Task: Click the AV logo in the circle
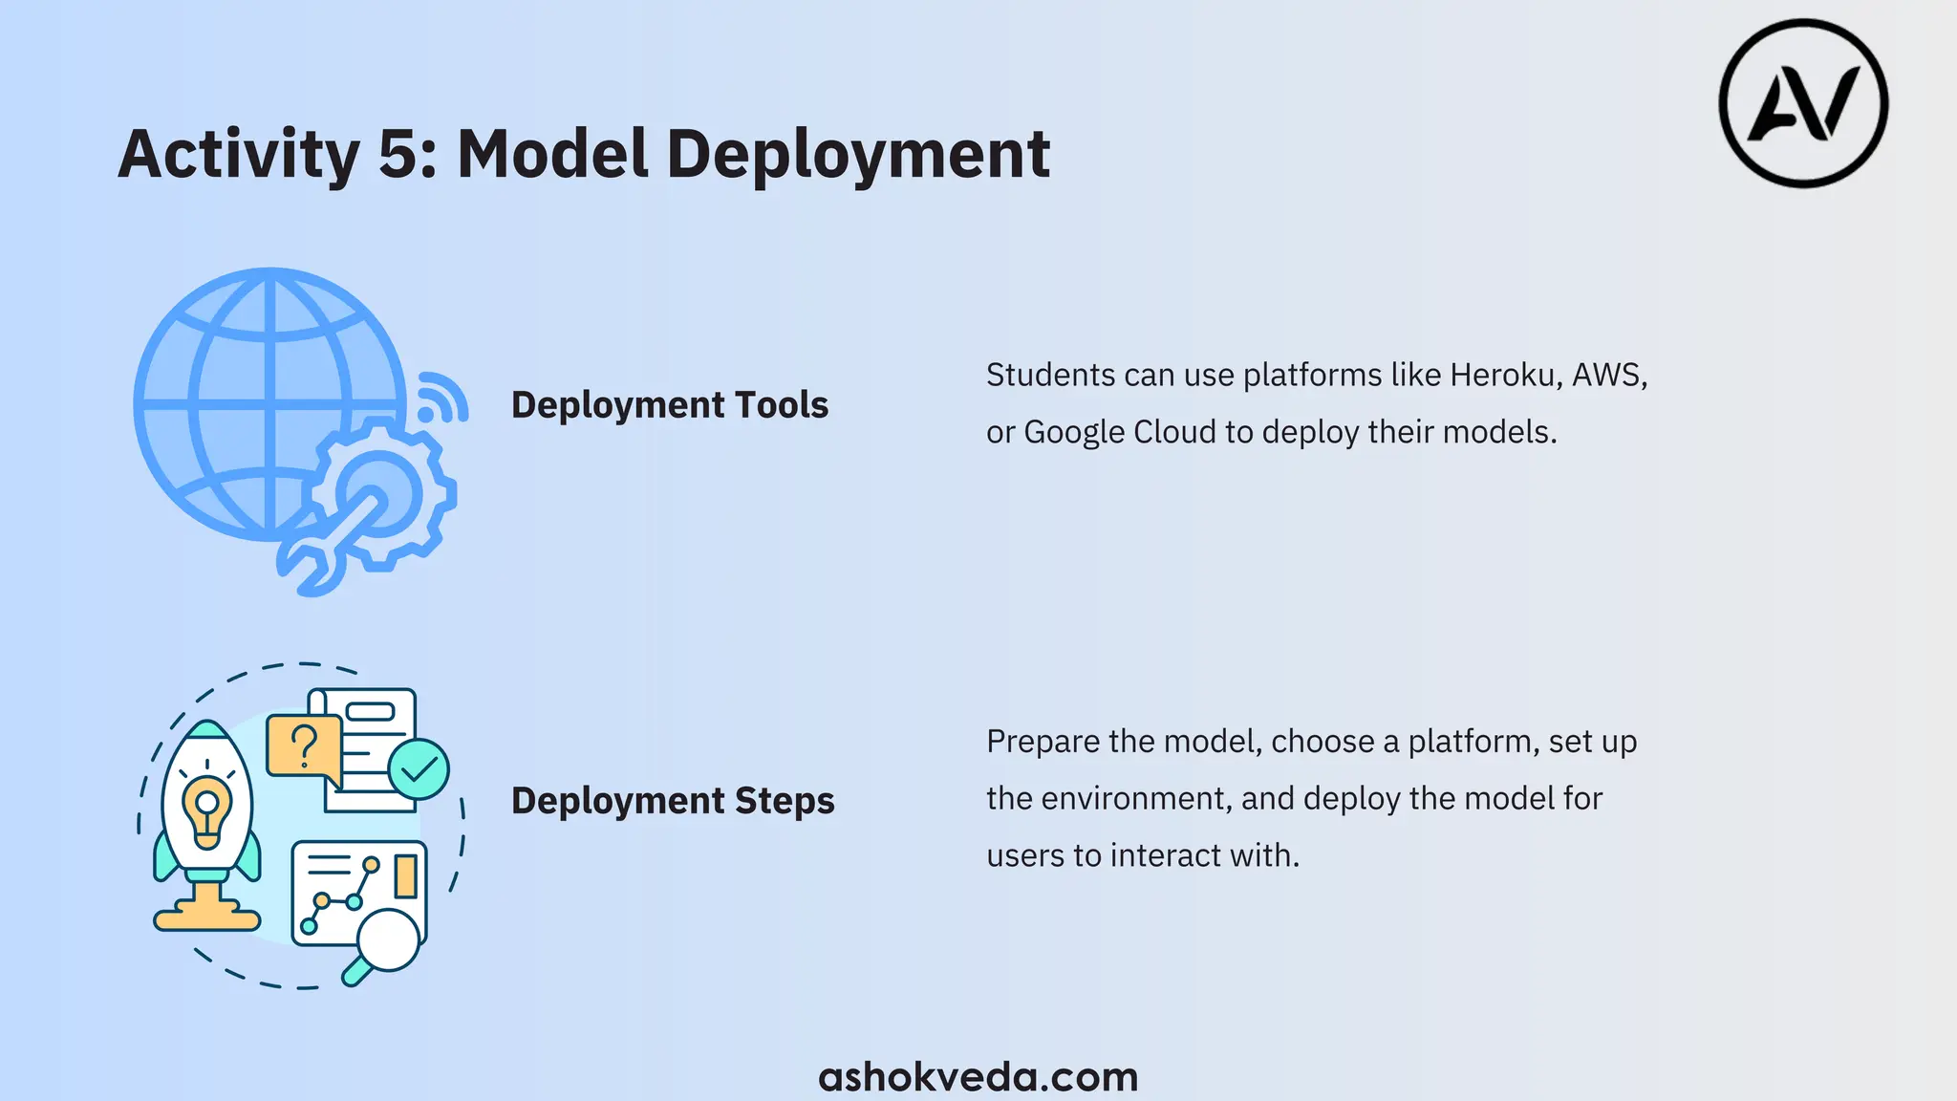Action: click(x=1803, y=103)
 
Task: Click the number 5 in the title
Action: click(x=398, y=155)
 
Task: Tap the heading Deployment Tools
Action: click(x=669, y=405)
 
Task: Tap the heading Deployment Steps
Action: click(x=672, y=801)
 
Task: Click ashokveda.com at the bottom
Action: click(x=978, y=1076)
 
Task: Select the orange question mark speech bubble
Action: click(x=304, y=745)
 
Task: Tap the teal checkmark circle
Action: click(x=419, y=769)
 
